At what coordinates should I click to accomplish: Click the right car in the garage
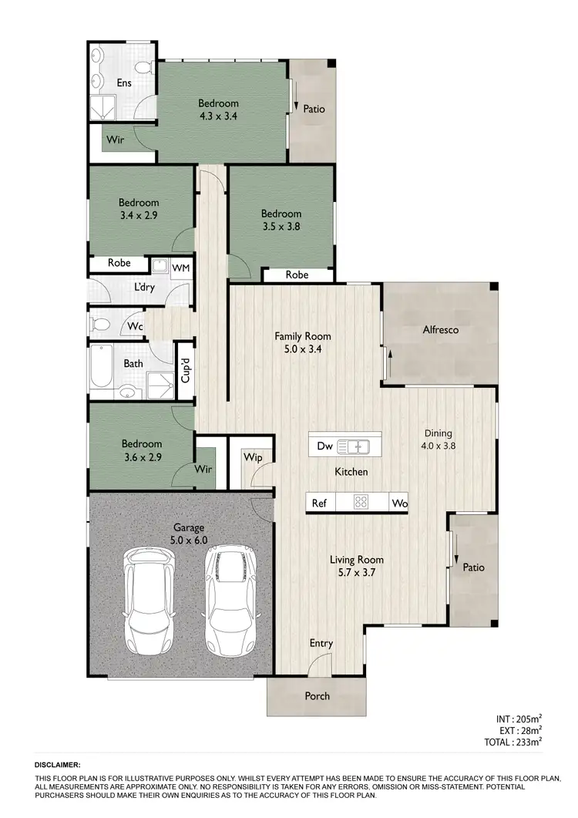pos(228,598)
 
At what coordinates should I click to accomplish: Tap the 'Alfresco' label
pos(440,330)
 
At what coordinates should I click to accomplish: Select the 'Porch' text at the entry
pos(317,696)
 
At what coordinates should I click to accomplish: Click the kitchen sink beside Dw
pos(354,446)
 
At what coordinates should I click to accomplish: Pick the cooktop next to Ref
pos(359,503)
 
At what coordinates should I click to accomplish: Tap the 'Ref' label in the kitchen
pos(319,503)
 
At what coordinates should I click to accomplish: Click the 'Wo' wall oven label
pos(399,503)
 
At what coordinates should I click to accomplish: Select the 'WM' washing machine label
pos(180,268)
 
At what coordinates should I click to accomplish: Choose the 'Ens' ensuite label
pos(123,82)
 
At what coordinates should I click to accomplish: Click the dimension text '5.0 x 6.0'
pos(188,540)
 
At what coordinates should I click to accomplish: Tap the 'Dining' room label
pos(437,433)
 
